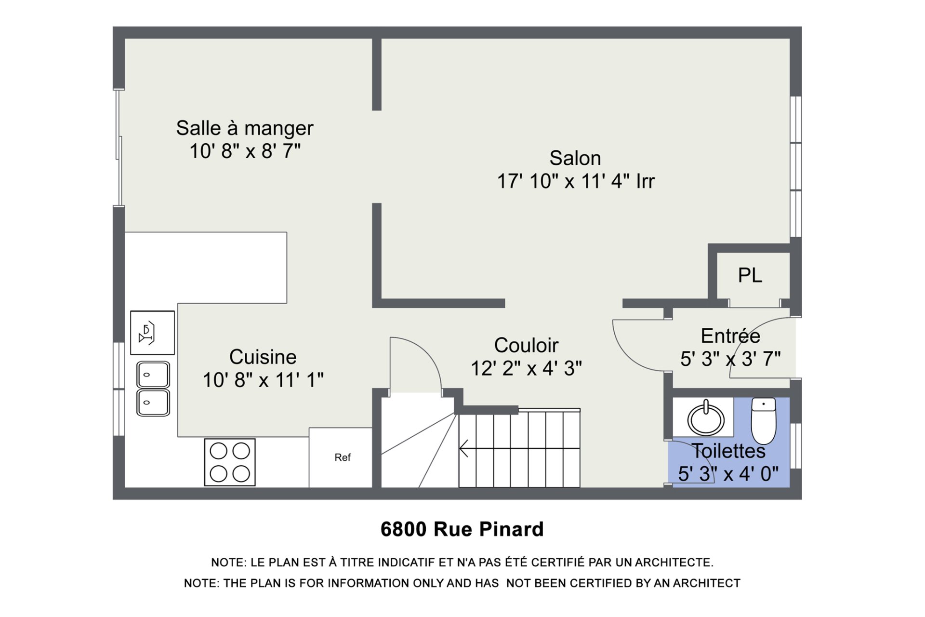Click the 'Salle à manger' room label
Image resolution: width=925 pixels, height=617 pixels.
pos(244,128)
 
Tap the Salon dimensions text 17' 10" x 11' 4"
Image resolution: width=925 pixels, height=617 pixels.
pos(576,182)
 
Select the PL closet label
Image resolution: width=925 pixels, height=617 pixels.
pos(750,276)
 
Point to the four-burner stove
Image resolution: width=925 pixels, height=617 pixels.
pos(230,462)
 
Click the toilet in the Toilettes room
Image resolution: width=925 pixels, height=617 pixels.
pos(763,420)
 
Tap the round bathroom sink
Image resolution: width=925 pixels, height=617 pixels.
pos(705,418)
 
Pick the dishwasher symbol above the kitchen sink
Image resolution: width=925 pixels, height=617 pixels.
pos(152,333)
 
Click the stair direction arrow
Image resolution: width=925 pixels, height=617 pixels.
pos(464,448)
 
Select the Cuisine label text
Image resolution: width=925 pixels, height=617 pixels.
pos(263,357)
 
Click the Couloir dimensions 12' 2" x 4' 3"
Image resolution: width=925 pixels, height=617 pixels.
pos(526,369)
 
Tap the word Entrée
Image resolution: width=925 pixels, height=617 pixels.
pos(730,336)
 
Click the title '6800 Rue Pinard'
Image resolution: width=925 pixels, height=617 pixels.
pos(462,529)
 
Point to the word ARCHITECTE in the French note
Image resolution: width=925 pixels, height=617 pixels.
pos(674,563)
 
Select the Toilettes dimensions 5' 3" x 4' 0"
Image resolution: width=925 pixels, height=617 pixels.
pos(728,474)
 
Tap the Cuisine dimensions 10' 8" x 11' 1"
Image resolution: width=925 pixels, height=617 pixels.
pos(263,380)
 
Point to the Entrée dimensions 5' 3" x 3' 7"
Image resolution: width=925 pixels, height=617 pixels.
pos(730,359)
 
